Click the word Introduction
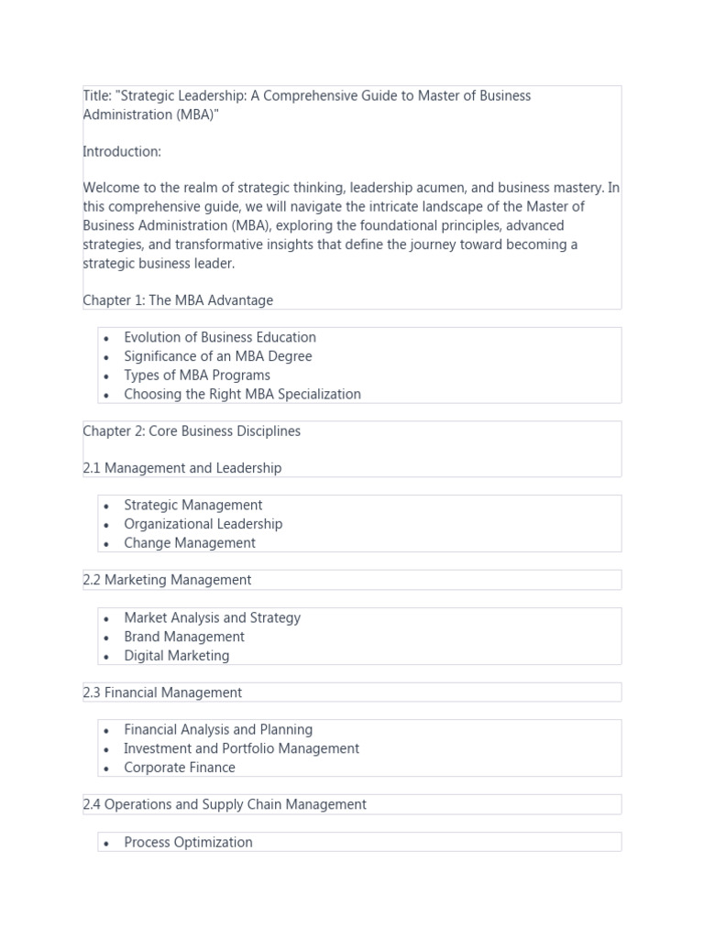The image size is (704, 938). (122, 151)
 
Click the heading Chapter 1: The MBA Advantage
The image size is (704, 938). (178, 300)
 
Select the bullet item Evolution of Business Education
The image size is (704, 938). (220, 337)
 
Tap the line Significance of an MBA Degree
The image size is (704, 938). (218, 356)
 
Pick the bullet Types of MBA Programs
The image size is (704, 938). (197, 376)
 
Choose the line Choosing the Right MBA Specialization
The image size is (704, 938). (242, 395)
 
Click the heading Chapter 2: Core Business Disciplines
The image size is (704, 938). (192, 431)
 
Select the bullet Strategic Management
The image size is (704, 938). (193, 506)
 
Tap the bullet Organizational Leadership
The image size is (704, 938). (203, 525)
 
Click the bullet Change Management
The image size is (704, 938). (190, 543)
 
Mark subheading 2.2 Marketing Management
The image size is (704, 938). (167, 580)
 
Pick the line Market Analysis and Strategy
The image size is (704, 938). (213, 618)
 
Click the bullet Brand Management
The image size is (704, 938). (184, 637)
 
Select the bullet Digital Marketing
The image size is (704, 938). (177, 656)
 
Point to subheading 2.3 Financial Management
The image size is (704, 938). (162, 693)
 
